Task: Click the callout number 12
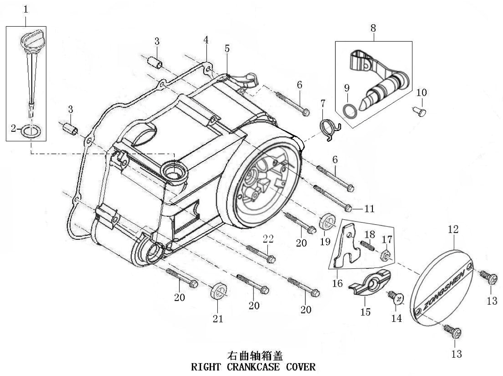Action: pos(453,230)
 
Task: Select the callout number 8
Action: pos(372,28)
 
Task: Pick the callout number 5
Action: pos(227,49)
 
